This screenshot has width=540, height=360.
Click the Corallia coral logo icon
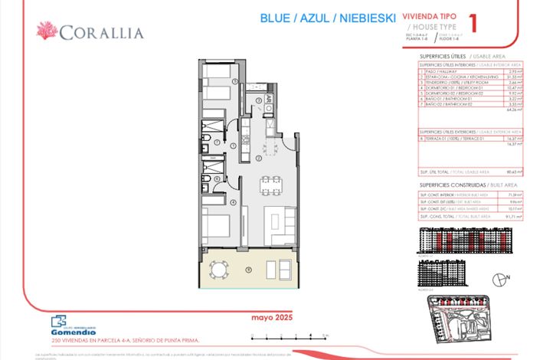(x=47, y=31)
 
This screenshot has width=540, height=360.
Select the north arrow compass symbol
(x=502, y=279)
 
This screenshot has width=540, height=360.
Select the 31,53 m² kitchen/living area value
(x=515, y=77)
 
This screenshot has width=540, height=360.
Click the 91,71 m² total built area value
(x=514, y=217)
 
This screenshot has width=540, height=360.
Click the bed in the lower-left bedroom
(x=218, y=231)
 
